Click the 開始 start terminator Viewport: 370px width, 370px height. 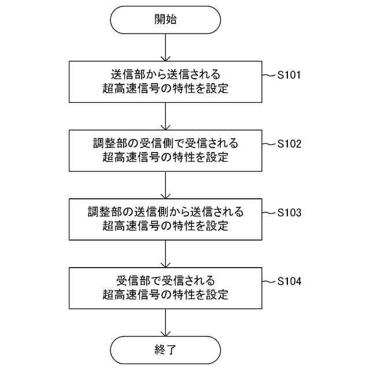165,20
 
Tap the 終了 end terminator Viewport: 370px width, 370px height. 165,349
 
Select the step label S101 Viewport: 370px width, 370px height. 290,75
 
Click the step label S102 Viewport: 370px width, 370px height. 290,144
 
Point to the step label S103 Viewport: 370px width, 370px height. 290,212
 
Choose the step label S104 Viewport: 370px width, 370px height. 290,282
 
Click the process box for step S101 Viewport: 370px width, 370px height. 165,82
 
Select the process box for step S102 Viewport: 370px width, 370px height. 165,150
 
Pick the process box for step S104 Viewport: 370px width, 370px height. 165,287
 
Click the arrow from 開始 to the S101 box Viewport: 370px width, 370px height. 165,47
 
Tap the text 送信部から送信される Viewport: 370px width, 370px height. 165,75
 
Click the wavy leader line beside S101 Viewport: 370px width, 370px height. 269,75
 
